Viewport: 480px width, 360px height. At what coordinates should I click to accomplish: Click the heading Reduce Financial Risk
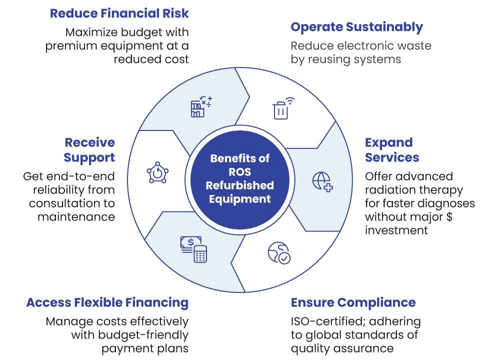coord(119,13)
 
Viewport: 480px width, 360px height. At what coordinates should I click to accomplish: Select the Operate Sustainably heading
coord(357,27)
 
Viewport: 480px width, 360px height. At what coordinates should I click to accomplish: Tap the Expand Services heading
coord(392,150)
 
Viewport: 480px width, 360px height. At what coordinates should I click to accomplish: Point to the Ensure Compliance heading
coord(353,302)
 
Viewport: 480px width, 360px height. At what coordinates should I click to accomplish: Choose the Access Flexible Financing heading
coord(107,302)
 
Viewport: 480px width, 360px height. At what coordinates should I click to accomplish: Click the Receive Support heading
coord(89,150)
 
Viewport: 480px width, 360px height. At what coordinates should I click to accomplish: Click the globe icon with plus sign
coord(322,182)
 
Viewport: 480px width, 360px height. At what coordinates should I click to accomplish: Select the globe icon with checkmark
coord(279,253)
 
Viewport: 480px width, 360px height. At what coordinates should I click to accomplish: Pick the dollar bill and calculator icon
coord(193,249)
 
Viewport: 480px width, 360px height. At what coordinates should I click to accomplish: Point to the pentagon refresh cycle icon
coord(157,172)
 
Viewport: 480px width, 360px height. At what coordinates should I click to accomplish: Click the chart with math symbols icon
coord(201,106)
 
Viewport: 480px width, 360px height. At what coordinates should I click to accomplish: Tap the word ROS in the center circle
coord(239,172)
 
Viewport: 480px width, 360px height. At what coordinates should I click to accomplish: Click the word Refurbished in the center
coord(239,185)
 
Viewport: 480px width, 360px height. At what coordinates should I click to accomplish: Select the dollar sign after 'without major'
coord(449,216)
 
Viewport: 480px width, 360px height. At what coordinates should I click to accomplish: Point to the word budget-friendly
coord(143,335)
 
